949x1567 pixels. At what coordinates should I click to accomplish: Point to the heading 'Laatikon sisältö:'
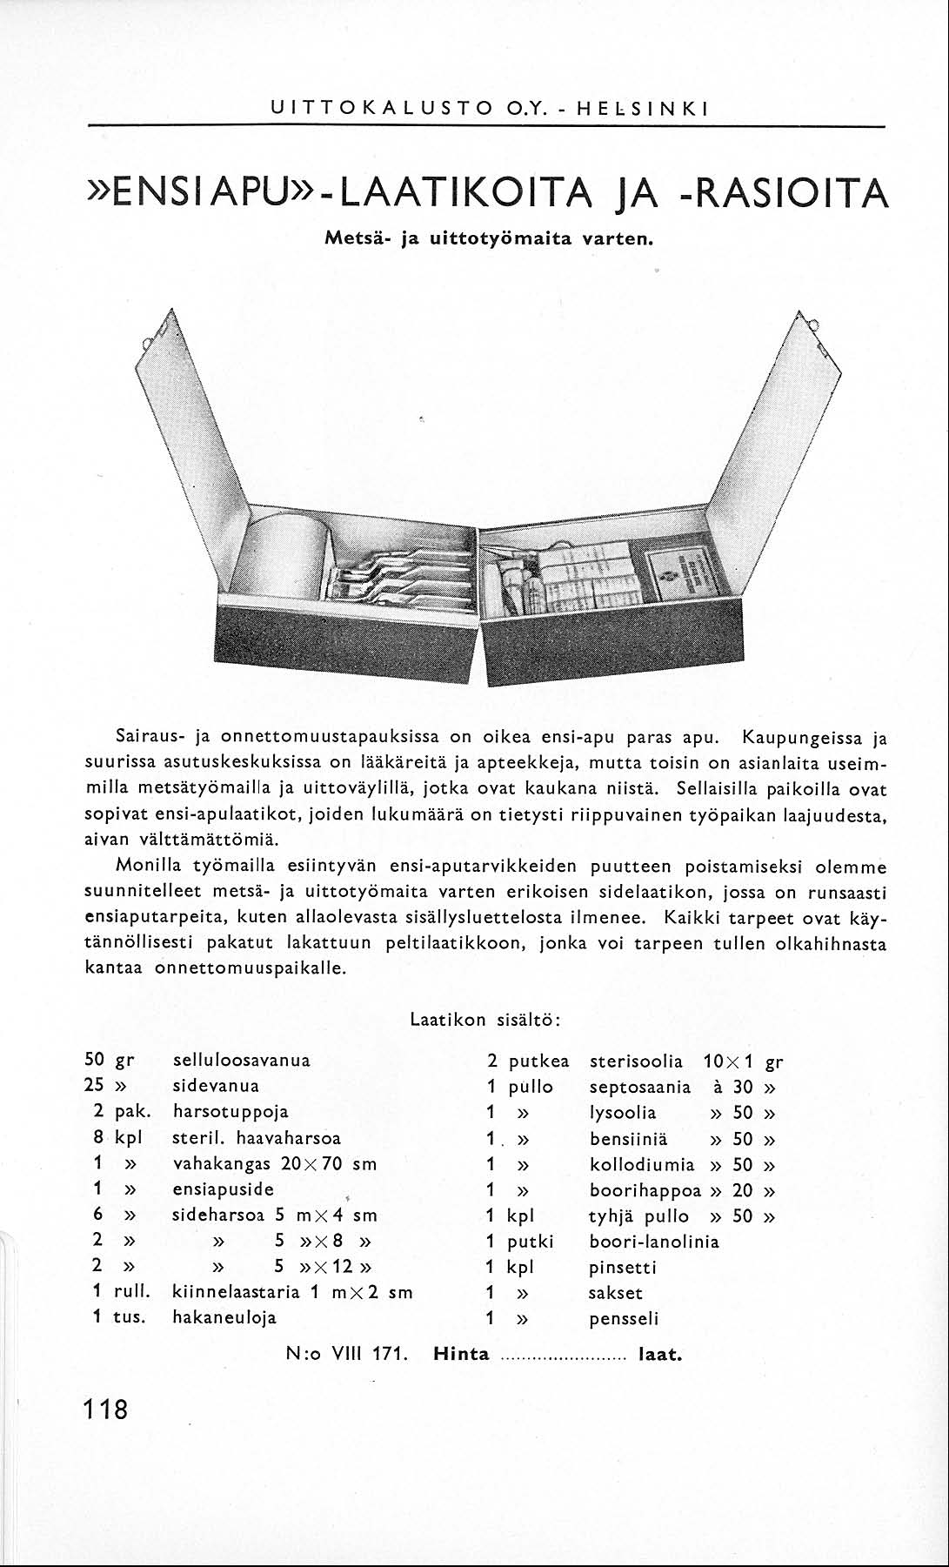(485, 1020)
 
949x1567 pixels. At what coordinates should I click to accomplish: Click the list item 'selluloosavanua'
(242, 1061)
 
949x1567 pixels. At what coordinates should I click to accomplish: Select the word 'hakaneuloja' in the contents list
(224, 1317)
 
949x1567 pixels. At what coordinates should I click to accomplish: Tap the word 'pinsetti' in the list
(623, 1267)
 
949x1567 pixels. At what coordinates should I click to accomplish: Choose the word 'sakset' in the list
(616, 1293)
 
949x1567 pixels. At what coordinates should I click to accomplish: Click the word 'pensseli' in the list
(623, 1318)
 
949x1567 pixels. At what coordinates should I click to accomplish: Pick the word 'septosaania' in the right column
(640, 1088)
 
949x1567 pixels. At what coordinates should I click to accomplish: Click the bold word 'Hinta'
(461, 1354)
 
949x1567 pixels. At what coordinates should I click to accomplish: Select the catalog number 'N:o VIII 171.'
(347, 1354)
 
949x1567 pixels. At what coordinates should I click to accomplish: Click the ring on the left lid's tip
(157, 331)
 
